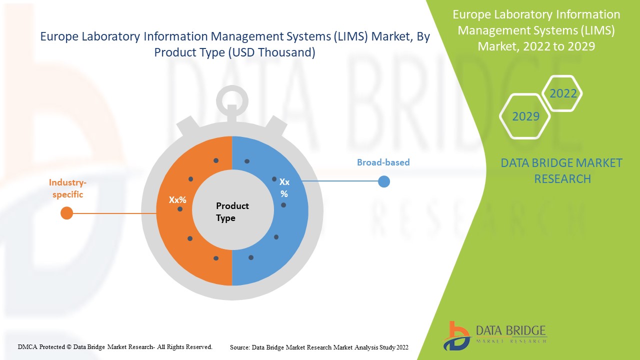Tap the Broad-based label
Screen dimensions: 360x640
tap(383, 162)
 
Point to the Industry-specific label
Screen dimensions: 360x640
tap(67, 188)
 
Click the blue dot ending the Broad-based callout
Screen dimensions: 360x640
tap(383, 181)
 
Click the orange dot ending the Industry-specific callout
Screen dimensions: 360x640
tap(66, 213)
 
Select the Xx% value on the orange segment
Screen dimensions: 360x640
tap(177, 199)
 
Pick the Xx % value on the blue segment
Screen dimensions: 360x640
tap(284, 188)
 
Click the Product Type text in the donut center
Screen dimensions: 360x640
tap(232, 211)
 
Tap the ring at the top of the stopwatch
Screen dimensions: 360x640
tap(232, 99)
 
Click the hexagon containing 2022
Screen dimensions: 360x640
tap(562, 93)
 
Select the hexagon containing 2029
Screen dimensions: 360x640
tap(525, 116)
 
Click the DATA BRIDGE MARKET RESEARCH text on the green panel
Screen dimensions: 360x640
tap(561, 170)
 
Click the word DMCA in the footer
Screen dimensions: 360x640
tap(28, 346)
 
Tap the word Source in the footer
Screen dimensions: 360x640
tap(239, 347)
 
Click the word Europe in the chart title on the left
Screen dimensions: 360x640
tap(57, 37)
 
